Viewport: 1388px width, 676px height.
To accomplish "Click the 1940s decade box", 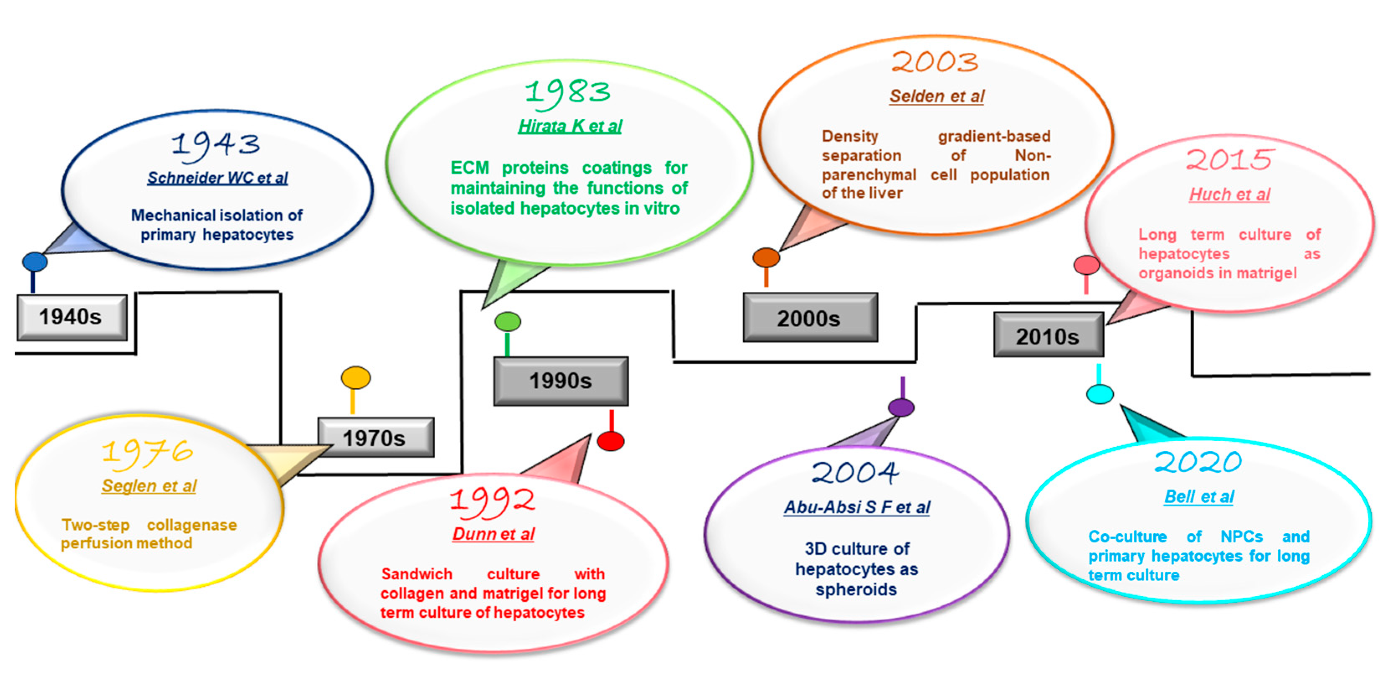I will [72, 318].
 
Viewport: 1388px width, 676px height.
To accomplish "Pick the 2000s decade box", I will [810, 318].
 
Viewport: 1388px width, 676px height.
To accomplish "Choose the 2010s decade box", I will [1048, 336].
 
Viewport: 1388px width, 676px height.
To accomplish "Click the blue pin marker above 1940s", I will [34, 262].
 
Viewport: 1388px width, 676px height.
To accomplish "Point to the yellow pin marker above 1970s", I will [356, 378].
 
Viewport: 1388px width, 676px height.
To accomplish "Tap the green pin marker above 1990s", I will [508, 322].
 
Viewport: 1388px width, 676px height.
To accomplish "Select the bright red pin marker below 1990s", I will [611, 441].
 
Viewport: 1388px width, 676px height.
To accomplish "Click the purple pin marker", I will [901, 407].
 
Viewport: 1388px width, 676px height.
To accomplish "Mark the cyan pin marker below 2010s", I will [1100, 393].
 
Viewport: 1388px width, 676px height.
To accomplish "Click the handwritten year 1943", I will [216, 146].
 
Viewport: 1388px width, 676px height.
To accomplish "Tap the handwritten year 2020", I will [1198, 463].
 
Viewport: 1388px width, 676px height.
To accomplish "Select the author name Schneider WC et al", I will [218, 178].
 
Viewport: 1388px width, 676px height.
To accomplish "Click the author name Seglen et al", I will [149, 486].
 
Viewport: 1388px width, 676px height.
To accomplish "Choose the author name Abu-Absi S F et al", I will [857, 507].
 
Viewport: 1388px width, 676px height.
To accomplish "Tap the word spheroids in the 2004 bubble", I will [856, 590].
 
